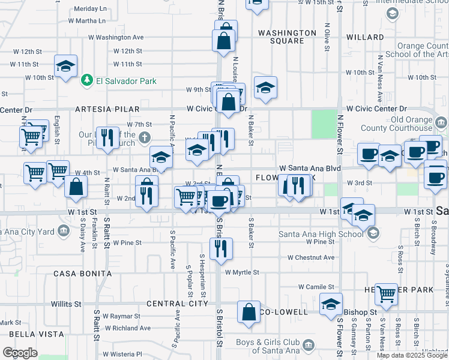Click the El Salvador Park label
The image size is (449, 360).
125,81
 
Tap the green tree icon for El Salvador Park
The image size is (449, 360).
87,80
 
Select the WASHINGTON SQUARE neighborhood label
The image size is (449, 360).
287,37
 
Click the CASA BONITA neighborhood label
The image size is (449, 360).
83,274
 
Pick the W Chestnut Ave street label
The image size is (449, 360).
310,257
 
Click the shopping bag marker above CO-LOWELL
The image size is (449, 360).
249,313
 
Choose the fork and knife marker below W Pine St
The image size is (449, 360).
221,249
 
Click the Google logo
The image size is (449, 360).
20,353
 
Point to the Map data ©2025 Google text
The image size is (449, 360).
412,355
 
